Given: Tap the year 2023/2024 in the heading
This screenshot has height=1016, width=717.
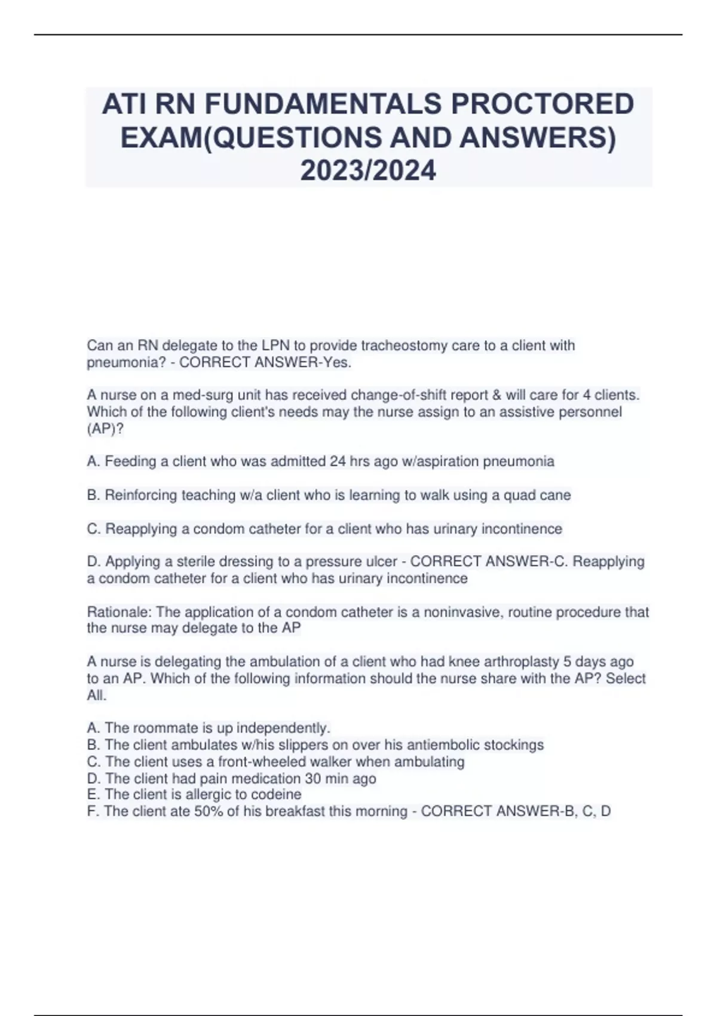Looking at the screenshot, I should coord(368,171).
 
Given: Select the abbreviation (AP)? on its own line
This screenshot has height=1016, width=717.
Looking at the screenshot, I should coord(106,429).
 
